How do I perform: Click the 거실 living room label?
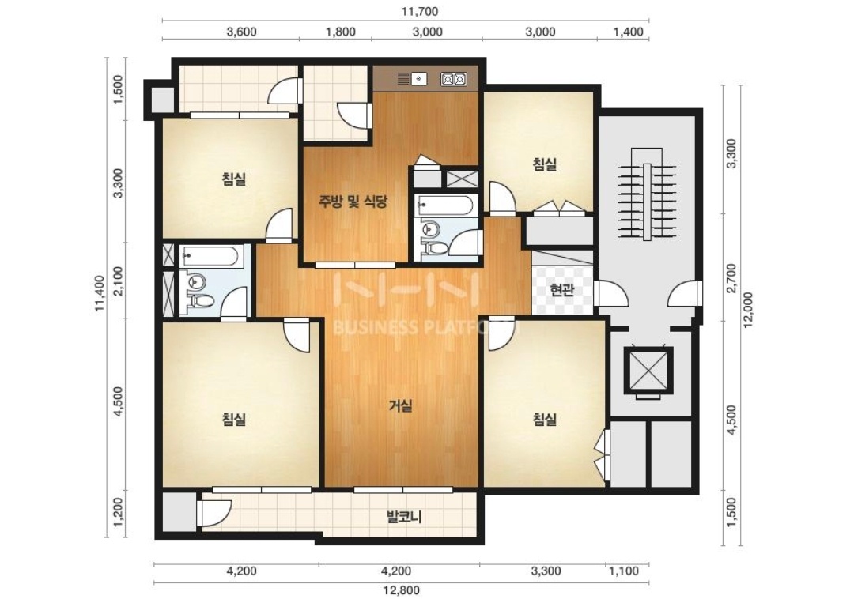(400, 406)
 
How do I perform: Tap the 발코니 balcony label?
(403, 516)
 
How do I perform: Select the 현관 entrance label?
(561, 290)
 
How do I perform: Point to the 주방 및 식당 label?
(353, 202)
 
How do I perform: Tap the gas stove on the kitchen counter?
(454, 80)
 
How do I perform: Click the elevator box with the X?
(648, 368)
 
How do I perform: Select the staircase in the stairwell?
(647, 193)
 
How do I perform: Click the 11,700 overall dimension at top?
(420, 11)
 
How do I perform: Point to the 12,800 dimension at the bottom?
(402, 590)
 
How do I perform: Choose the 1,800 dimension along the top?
(340, 32)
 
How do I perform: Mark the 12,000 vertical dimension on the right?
(746, 310)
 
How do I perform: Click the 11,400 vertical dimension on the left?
(100, 293)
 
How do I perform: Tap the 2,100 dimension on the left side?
(119, 281)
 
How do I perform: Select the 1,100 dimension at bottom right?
(624, 571)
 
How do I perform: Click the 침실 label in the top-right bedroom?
(545, 164)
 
